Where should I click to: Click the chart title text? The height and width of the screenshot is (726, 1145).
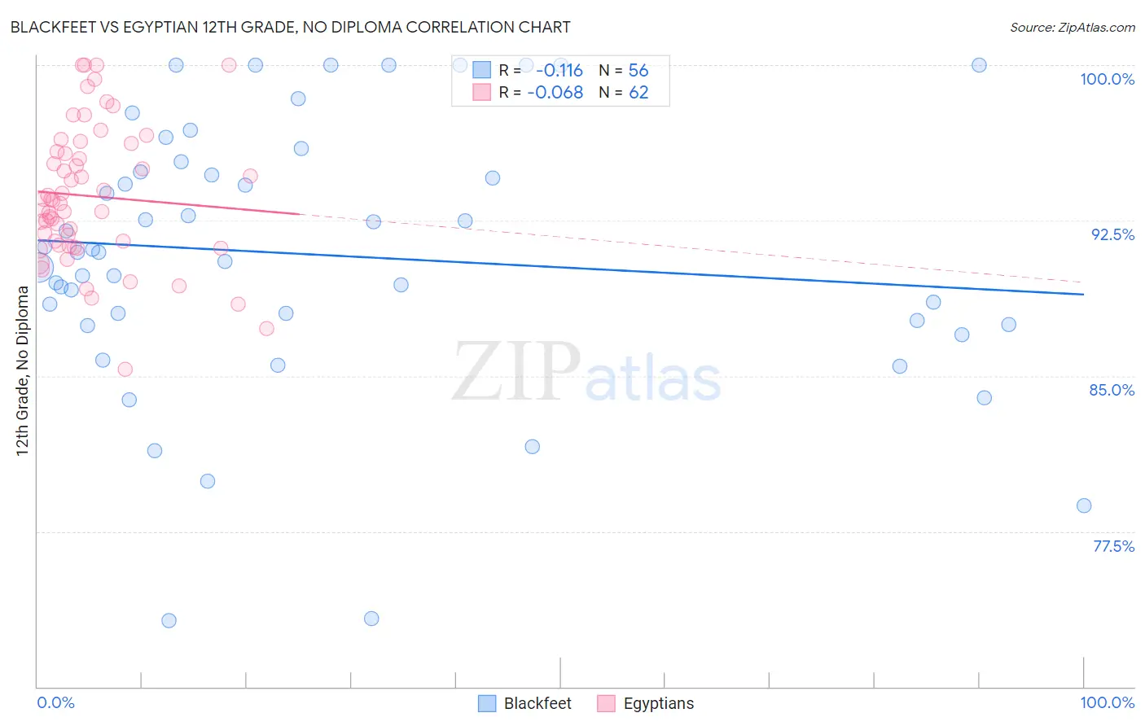point(291,27)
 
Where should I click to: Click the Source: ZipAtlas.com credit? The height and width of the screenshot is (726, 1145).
point(1072,28)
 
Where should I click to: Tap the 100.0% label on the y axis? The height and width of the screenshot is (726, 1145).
point(1107,79)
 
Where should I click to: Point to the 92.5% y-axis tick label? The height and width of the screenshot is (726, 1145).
point(1112,234)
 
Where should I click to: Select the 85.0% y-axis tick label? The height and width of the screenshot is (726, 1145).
point(1112,390)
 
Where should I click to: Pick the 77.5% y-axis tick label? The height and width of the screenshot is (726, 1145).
point(1112,546)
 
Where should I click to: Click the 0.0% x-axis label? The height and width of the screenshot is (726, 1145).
point(55,702)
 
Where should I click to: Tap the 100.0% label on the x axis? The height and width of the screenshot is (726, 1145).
point(1107,702)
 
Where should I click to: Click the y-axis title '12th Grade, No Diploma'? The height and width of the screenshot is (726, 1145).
point(22,370)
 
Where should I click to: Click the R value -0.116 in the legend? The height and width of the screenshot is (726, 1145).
point(559,71)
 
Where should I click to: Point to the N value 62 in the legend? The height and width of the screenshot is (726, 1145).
point(638,93)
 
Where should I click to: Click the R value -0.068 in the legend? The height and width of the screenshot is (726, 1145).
point(555,93)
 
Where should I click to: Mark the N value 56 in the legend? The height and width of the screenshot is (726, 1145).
point(638,71)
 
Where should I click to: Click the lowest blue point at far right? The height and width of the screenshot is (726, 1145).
point(1083,505)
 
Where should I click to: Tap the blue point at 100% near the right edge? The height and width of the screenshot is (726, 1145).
point(979,65)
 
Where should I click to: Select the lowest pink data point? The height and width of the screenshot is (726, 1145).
point(125,370)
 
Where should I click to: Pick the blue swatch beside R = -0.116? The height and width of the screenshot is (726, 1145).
point(482,71)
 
